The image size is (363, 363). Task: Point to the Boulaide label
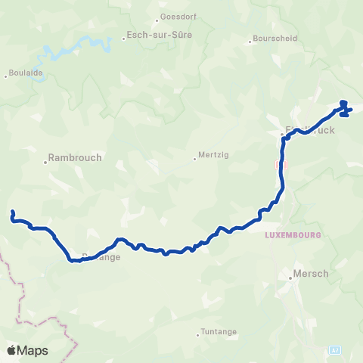pyautogui.click(x=24, y=74)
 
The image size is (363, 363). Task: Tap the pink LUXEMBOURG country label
pyautogui.click(x=294, y=235)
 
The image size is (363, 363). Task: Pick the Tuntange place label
pyautogui.click(x=218, y=331)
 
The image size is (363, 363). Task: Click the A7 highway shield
pyautogui.click(x=335, y=350)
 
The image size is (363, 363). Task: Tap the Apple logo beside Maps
pyautogui.click(x=11, y=350)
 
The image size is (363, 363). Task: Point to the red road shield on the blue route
pyautogui.click(x=281, y=164)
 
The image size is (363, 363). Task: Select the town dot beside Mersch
pyautogui.click(x=290, y=278)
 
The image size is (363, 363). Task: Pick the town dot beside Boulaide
pyautogui.click(x=6, y=74)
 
